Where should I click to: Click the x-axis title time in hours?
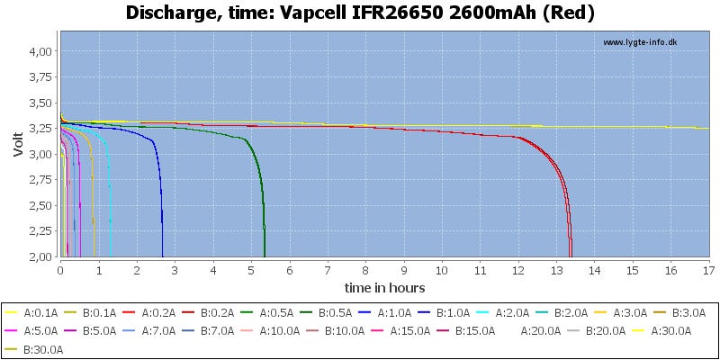coord(384,287)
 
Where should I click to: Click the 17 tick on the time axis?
coord(708,269)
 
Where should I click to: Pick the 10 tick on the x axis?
coord(442,269)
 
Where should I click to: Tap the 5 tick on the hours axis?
coord(251,269)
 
